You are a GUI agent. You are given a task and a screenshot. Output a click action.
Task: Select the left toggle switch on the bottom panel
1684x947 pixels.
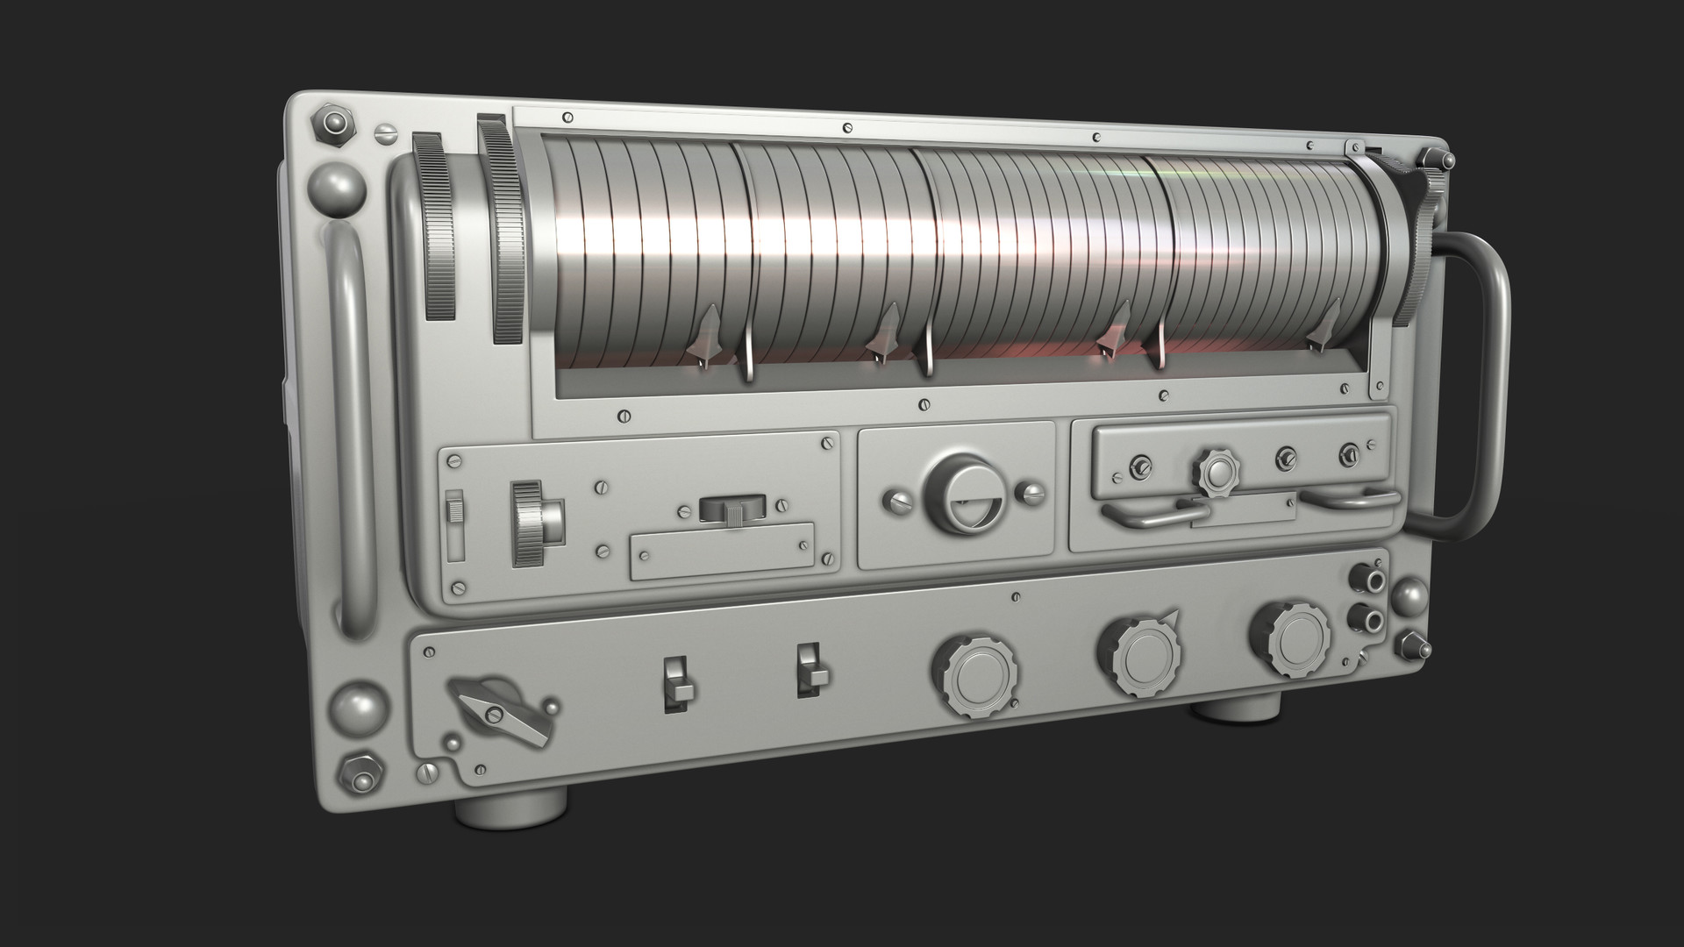pyautogui.click(x=676, y=680)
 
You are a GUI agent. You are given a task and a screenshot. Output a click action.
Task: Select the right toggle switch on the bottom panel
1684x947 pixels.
pyautogui.click(x=812, y=671)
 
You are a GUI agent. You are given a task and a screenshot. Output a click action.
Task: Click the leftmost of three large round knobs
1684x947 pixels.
pyautogui.click(x=975, y=677)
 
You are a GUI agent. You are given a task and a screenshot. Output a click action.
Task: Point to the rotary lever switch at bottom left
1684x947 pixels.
pyautogui.click(x=498, y=710)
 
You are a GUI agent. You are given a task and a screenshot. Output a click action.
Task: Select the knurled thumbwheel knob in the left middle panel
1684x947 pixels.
pyautogui.click(x=533, y=523)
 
